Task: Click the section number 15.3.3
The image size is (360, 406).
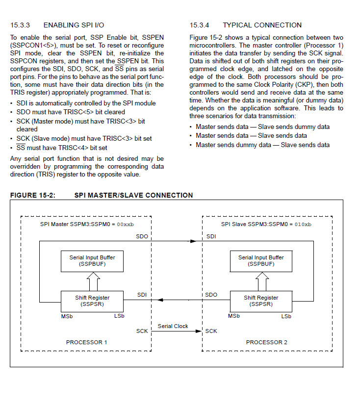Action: pyautogui.click(x=21, y=25)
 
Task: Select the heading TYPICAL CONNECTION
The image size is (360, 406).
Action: pyautogui.click(x=262, y=25)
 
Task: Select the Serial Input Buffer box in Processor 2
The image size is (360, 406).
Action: pyautogui.click(x=261, y=260)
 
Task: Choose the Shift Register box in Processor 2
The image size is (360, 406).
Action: pyautogui.click(x=261, y=301)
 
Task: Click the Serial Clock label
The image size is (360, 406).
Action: pyautogui.click(x=173, y=326)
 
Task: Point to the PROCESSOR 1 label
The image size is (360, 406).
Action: pyautogui.click(x=86, y=342)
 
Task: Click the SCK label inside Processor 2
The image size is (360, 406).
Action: pyautogui.click(x=211, y=331)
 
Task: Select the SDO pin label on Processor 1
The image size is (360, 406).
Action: pyautogui.click(x=142, y=236)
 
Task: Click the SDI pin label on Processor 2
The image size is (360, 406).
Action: pyautogui.click(x=211, y=236)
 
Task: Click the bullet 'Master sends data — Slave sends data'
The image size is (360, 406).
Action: pyautogui.click(x=251, y=135)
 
